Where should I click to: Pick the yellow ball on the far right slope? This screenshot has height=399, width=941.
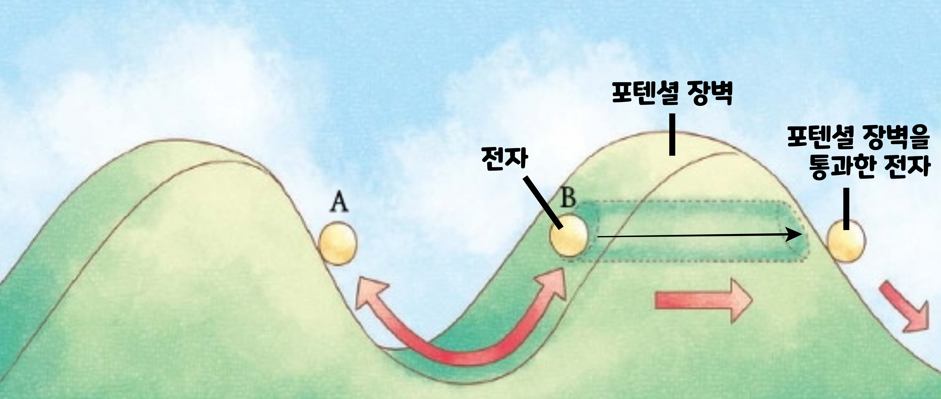(846, 242)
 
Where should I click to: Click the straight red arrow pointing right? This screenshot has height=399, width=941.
(703, 301)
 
